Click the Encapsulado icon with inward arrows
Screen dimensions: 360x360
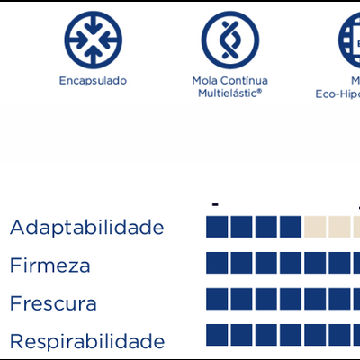[93, 41]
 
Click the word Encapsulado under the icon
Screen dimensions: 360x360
[93, 81]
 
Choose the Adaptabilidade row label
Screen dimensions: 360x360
[86, 227]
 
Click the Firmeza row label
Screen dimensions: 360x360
[50, 265]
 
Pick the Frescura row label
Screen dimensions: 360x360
[53, 303]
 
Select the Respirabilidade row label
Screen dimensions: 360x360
[87, 341]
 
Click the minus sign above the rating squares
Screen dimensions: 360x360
[216, 205]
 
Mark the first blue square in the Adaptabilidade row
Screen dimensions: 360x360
[217, 226]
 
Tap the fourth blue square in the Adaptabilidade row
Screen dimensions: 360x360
[290, 226]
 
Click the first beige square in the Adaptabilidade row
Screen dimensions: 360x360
[315, 226]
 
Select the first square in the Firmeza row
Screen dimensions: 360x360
[217, 262]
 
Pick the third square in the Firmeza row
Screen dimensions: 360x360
[265, 262]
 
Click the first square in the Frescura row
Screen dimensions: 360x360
[217, 298]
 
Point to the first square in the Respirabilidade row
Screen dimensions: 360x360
[217, 334]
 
